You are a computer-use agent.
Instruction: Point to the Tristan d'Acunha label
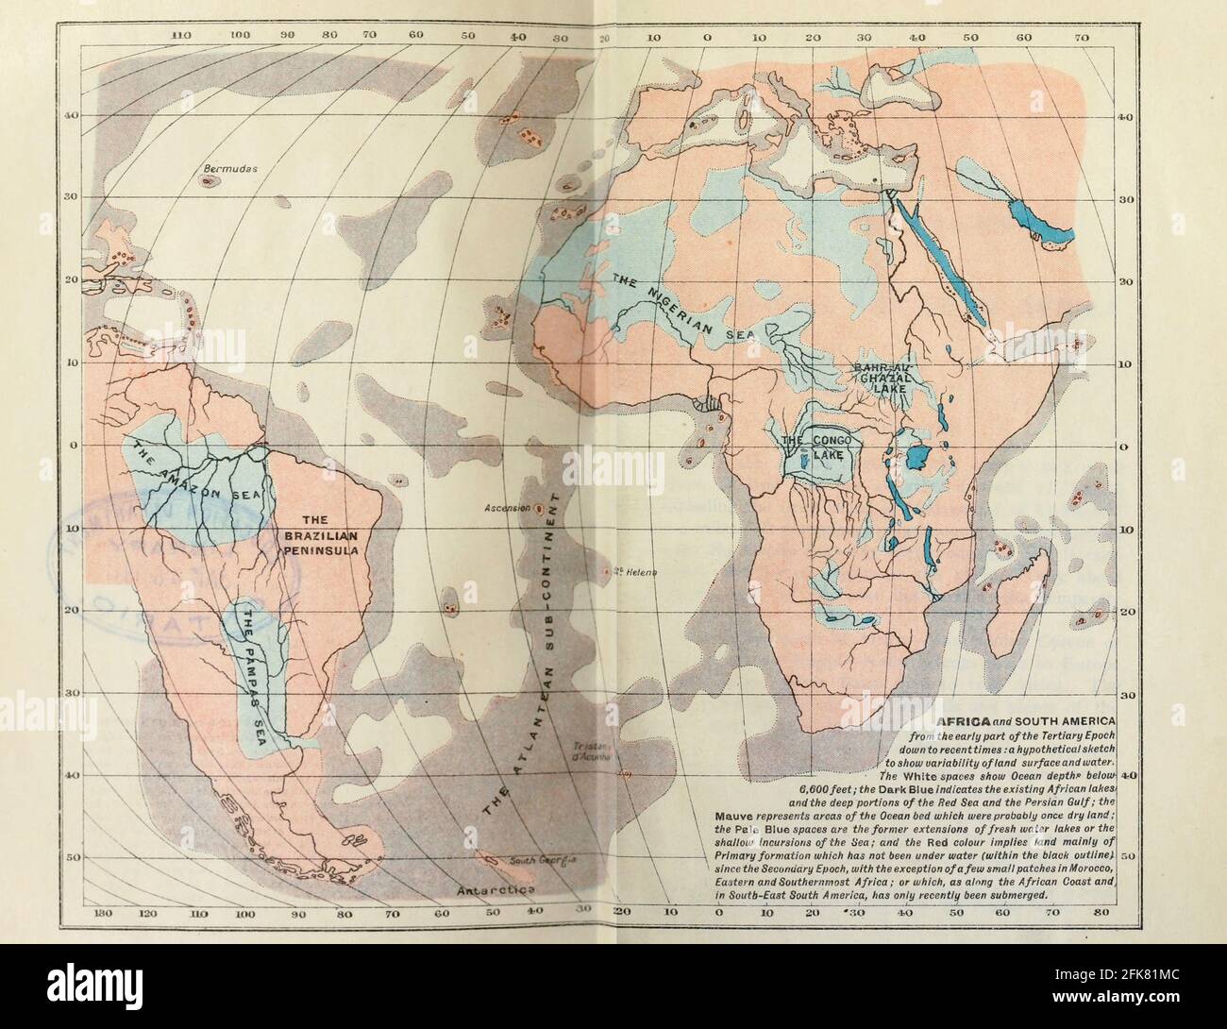pyautogui.click(x=593, y=749)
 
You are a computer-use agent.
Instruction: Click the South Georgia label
pyautogui.click(x=543, y=861)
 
